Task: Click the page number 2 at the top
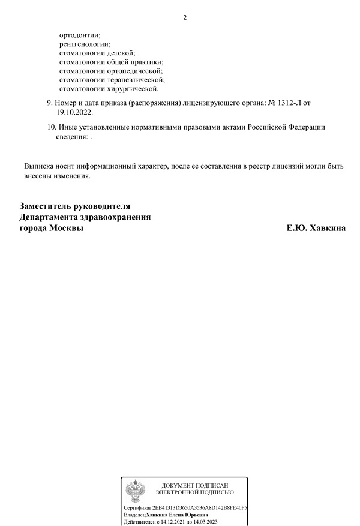click(x=185, y=17)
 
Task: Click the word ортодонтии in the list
click(x=80, y=35)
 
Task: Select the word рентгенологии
click(x=85, y=44)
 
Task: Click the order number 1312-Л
click(x=290, y=103)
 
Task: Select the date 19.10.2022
click(x=75, y=112)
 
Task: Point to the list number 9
click(x=49, y=103)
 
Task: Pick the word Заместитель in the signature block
click(x=49, y=206)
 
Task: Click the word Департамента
click(x=50, y=217)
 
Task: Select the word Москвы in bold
click(x=66, y=229)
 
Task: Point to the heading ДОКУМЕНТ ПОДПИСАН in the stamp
click(x=195, y=485)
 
